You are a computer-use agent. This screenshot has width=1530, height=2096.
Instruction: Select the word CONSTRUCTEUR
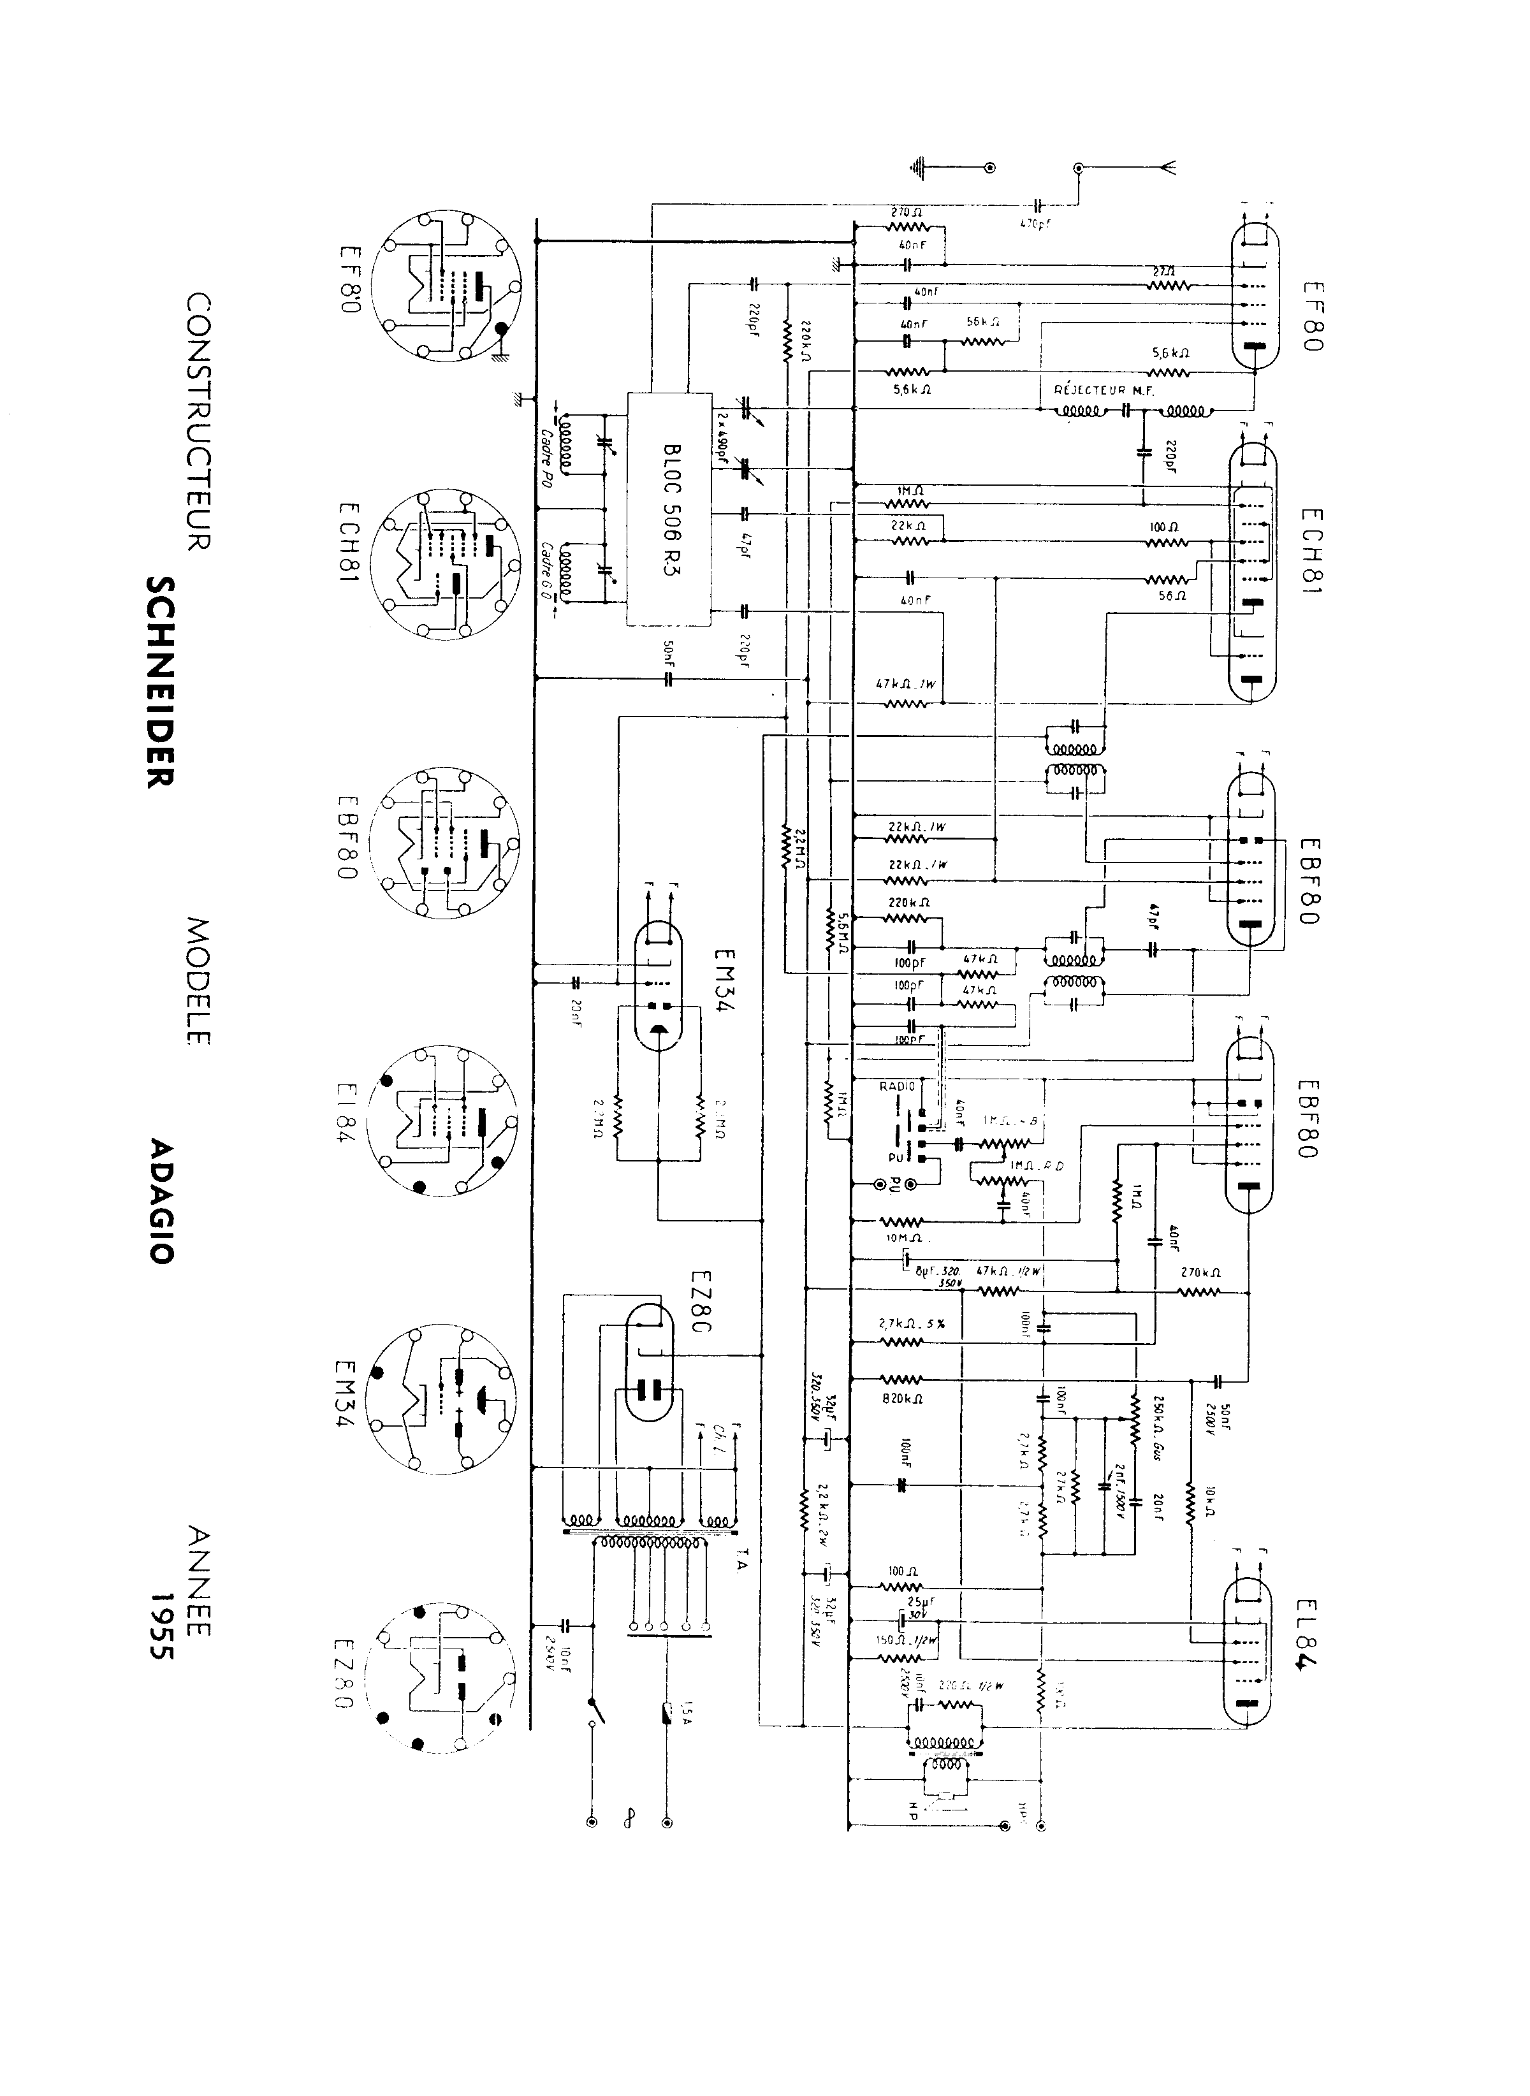[198, 421]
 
